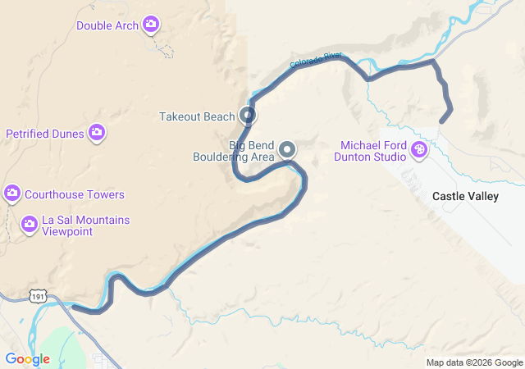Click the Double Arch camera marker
[151, 25]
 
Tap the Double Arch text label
[107, 25]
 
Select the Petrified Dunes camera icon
[97, 133]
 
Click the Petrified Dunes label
[46, 133]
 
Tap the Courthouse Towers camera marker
[12, 194]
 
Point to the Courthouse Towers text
[75, 194]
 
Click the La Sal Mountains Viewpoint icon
[30, 223]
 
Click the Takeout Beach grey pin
[248, 116]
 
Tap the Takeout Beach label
[197, 116]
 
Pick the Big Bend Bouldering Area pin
[287, 149]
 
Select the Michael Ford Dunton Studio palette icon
[418, 149]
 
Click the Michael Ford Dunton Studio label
[373, 151]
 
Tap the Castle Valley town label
[465, 197]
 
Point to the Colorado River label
[316, 60]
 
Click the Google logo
[27, 359]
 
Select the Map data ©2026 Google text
[473, 362]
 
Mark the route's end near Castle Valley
[442, 121]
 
